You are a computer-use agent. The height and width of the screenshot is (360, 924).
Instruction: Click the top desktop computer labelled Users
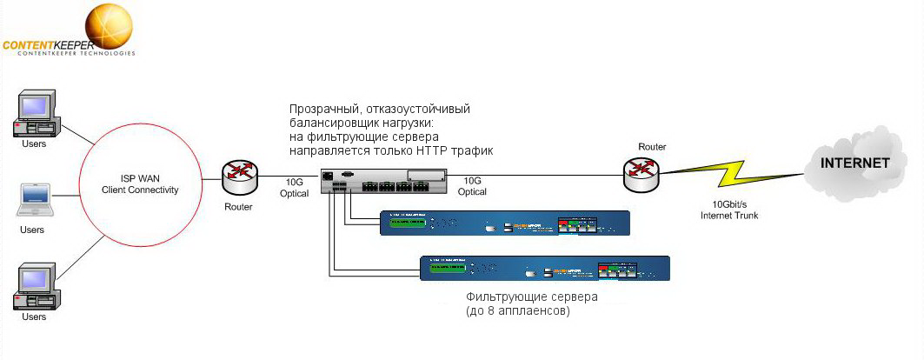coord(34,114)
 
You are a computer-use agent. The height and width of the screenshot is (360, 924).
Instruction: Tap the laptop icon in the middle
coord(33,201)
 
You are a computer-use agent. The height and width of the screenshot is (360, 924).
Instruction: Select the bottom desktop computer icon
coord(34,288)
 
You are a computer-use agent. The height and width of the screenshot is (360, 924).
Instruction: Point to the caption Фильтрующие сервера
coord(531,297)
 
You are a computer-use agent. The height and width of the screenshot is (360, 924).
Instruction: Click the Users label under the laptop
coord(33,230)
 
